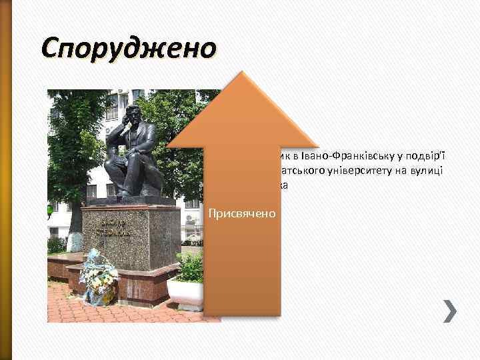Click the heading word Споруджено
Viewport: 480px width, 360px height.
[x=129, y=49]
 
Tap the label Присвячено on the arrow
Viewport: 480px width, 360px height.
[x=243, y=214]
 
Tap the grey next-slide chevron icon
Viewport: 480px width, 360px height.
[x=450, y=311]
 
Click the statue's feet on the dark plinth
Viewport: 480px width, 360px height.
[x=127, y=195]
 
